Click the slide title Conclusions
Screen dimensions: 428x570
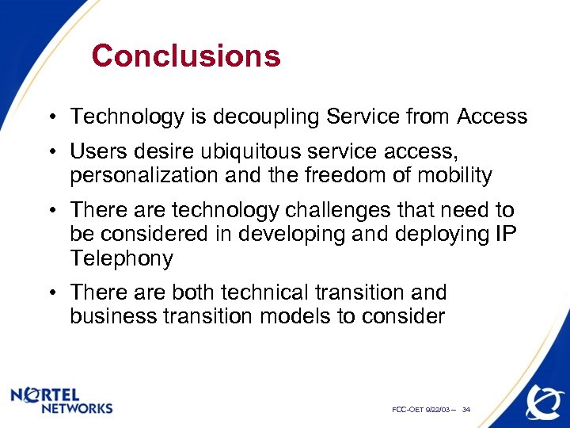pos(186,56)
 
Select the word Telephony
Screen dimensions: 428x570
pos(121,258)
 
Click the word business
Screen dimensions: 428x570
pos(110,316)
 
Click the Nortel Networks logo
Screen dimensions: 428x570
pos(63,399)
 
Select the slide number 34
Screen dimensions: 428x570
pos(466,410)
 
